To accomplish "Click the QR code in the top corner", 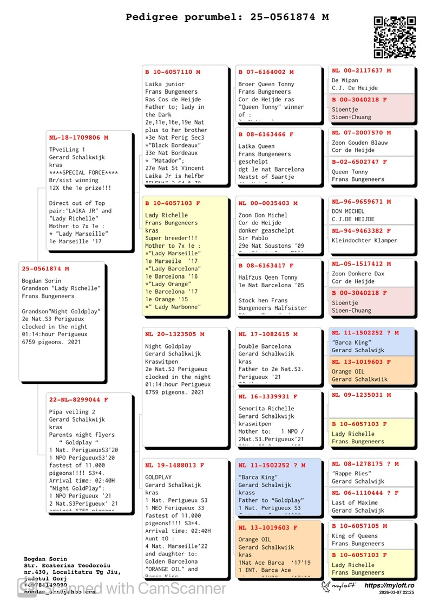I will coord(395,37).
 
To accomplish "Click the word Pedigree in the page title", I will coord(152,17).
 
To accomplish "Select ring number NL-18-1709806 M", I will coord(78,138).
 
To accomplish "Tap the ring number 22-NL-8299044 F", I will coord(78,399).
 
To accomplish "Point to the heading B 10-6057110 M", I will coord(173,72).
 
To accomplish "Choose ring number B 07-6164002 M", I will coord(266,72).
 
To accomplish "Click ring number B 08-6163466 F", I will coord(266,134).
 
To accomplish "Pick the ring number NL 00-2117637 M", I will coord(361,70).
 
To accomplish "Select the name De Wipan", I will coord(345,80).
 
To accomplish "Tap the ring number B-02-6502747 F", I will coord(359,162).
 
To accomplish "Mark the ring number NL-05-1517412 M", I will coord(361,264).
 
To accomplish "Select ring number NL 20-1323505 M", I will coord(174,334).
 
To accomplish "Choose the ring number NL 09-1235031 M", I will coord(361,395).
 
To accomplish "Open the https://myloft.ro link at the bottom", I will coord(389,585).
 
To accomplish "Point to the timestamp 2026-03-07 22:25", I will coord(397,593).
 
